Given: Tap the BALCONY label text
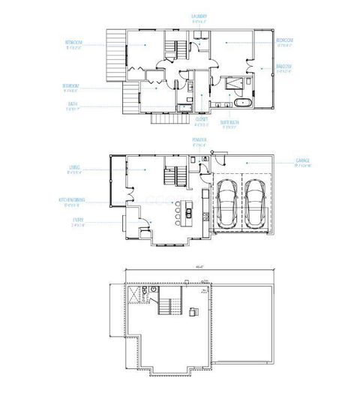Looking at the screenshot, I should coord(283,67).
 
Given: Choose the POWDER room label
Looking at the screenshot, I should coord(199,140).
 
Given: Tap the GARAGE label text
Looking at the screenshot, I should coord(302,162).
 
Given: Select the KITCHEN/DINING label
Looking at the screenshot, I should coord(72,200).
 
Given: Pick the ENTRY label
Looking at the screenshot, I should coord(77,220).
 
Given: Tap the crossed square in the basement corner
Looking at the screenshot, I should coord(135,295).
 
